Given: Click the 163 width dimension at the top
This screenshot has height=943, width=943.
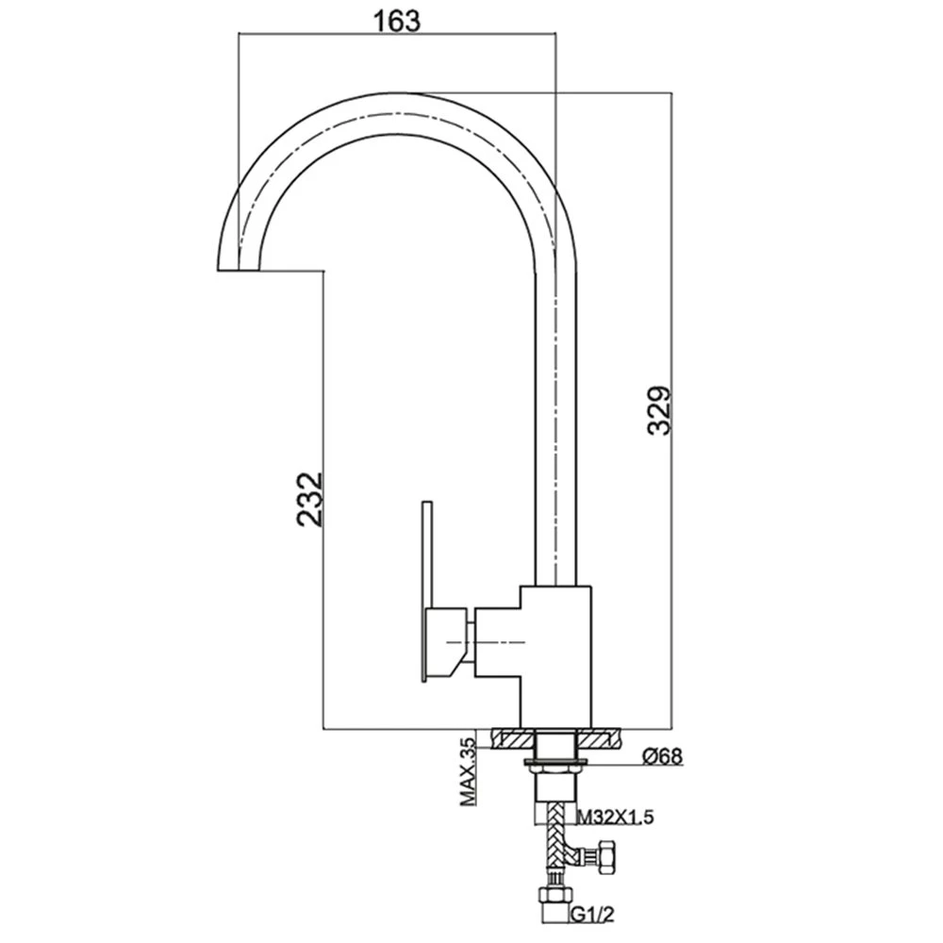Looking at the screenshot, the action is [397, 21].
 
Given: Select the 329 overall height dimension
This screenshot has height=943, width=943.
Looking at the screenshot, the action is [659, 410].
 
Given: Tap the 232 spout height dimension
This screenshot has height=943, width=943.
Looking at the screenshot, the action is [310, 500].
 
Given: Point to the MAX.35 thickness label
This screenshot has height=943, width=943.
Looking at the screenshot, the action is [468, 771].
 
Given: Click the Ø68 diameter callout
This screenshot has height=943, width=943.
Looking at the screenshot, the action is [663, 755].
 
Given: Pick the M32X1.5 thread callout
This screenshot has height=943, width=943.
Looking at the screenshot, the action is [615, 817].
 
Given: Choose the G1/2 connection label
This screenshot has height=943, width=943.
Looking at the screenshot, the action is [593, 914].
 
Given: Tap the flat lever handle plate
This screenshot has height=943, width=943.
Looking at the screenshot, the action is [427, 591].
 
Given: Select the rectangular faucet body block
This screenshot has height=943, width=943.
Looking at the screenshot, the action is [555, 656].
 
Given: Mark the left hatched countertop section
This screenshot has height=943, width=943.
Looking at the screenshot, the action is [513, 738].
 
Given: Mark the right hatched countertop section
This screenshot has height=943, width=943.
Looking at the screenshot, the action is [599, 738].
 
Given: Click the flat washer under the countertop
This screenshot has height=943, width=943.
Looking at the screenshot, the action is [555, 763].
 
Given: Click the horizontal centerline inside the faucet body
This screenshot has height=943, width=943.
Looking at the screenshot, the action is [487, 643].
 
